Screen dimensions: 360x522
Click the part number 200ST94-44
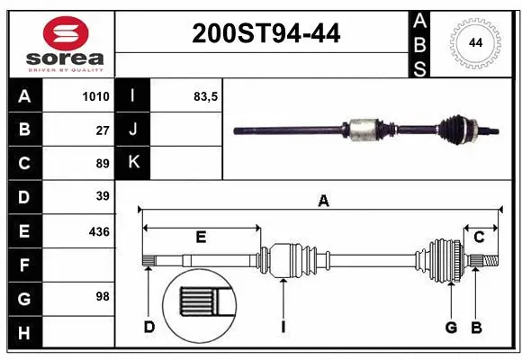tap(265, 33)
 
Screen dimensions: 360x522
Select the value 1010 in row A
tap(96, 97)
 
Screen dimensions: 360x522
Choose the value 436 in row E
tap(99, 231)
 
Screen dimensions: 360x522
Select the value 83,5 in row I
tap(206, 97)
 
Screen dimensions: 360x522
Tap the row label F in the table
tap(24, 265)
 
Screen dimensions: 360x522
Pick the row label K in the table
tap(134, 164)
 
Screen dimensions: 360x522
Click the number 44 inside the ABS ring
tap(473, 42)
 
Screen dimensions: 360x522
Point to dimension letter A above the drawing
tap(323, 202)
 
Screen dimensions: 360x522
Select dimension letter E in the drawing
tap(201, 238)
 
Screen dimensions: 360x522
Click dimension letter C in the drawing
tap(479, 238)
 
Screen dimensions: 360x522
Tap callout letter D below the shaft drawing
tap(149, 327)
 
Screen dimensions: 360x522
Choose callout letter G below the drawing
tap(450, 327)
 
